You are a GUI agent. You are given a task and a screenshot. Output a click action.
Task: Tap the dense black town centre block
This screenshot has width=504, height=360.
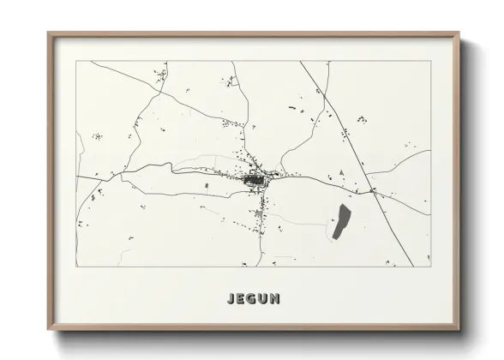[255, 180]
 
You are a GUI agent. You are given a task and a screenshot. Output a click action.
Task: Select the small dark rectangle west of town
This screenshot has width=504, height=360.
[206, 185]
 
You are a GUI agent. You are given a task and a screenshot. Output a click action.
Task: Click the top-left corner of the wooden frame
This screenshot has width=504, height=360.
[48, 33]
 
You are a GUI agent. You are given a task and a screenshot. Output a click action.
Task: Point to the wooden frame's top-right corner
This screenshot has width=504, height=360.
[461, 33]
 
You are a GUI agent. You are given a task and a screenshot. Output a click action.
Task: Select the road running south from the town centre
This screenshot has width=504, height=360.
[260, 231]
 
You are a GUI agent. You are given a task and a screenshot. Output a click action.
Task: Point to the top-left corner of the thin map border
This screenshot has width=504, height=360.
[77, 62]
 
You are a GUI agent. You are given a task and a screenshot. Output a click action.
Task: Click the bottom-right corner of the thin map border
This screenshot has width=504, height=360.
[430, 267]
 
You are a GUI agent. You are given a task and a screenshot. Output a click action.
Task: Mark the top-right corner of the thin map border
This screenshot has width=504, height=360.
[430, 62]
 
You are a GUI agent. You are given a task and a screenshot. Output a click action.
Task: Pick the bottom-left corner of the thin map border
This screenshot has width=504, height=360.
[77, 267]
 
